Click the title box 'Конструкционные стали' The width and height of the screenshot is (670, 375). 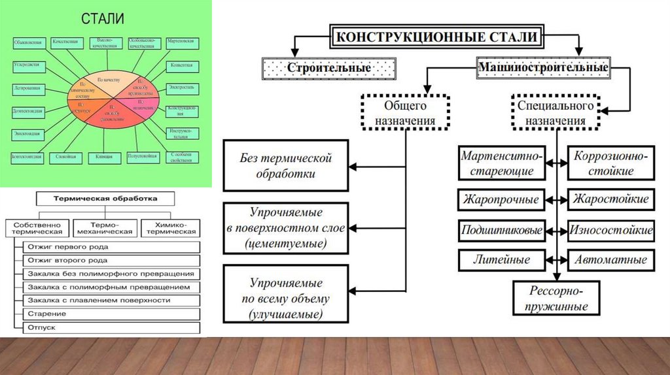point(439,37)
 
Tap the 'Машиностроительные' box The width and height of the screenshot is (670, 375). point(544,67)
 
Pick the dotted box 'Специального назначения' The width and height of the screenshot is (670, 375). point(555,112)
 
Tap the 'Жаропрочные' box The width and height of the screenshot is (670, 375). point(501,199)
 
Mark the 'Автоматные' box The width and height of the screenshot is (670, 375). point(611,259)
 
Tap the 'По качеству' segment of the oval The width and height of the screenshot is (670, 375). point(109,79)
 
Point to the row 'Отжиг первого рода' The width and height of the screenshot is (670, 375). point(111,247)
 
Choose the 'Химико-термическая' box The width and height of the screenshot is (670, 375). point(171,227)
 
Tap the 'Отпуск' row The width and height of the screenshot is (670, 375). point(111,326)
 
